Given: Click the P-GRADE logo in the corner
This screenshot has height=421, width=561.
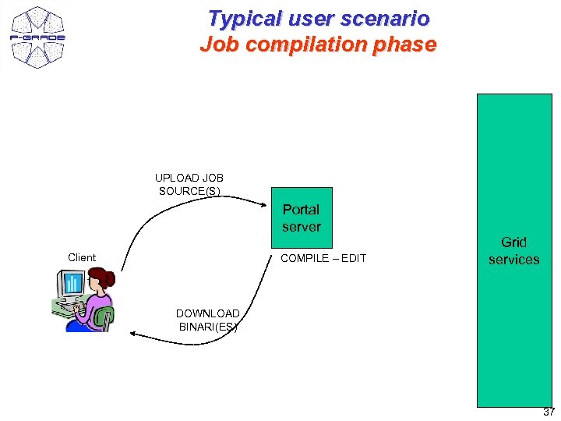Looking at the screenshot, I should pos(37,37).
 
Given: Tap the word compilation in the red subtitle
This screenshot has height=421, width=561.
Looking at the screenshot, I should pos(311,44).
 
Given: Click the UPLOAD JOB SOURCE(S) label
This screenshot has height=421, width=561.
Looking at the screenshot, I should pos(189,184).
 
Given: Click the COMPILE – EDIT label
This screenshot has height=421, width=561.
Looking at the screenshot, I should pos(323,258).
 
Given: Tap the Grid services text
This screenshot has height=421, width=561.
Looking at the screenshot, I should pos(513,251).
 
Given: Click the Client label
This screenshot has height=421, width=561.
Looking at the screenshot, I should pos(82,257).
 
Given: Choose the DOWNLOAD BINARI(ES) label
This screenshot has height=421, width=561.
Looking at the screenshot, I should pos(208,320).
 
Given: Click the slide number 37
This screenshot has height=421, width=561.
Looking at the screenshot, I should pos(549,412).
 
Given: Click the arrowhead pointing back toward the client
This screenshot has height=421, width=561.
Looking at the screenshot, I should pos(134,334).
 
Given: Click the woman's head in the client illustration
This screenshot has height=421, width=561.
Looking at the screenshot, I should pos(101,279).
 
